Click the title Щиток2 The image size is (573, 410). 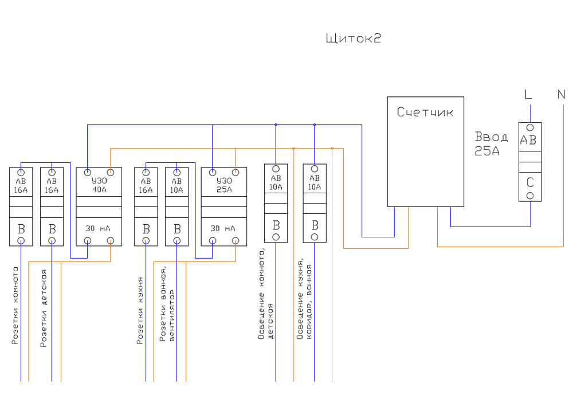353,39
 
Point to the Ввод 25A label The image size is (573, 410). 491,144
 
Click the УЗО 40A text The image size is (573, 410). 99,185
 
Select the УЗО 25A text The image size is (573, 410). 223,185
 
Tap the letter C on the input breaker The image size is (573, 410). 531,183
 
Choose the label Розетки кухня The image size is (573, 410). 140,310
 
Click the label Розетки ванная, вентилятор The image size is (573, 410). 167,304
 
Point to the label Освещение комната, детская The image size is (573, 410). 266,293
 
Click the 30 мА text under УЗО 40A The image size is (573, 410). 99,228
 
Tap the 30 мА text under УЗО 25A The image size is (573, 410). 223,228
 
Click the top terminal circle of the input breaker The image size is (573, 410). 531,127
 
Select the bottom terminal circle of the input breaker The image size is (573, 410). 531,196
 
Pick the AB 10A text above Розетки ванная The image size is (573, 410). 176,185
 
